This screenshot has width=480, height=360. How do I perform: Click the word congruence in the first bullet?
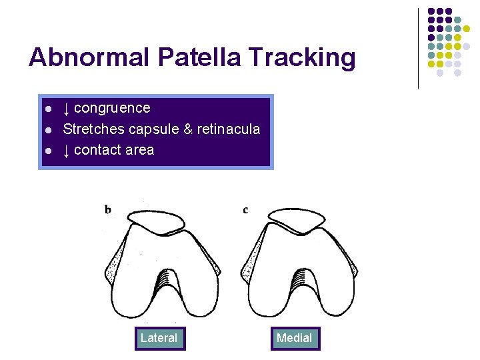click(112, 108)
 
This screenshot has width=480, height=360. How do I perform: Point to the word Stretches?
click(94, 129)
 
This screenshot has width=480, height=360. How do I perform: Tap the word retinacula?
click(229, 129)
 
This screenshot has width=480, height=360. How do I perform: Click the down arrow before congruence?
click(67, 108)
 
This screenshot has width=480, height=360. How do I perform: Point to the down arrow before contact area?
click(67, 150)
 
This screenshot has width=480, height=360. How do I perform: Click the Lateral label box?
click(159, 338)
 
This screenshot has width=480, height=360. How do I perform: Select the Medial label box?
click(294, 338)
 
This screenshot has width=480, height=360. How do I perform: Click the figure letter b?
click(108, 210)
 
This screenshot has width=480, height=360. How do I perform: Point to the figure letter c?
click(245, 210)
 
